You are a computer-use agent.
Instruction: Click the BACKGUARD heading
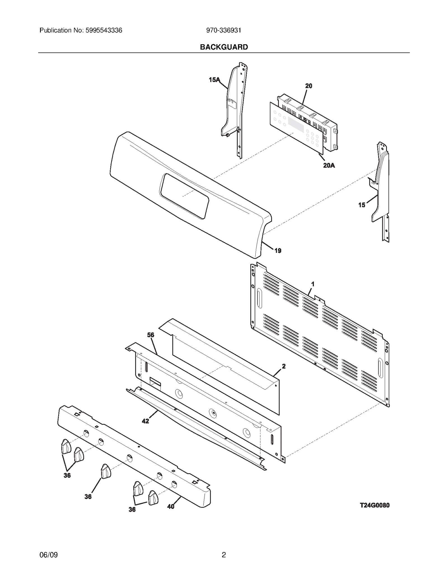point(224,47)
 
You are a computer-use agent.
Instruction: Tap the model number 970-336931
point(223,30)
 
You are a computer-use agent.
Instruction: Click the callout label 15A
point(214,80)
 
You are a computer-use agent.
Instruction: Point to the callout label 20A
point(329,166)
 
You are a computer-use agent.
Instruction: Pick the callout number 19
point(278,251)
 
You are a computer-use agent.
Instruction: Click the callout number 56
point(151,335)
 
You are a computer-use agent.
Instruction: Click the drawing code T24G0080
point(374,505)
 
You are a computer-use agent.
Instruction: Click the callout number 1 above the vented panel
point(313,284)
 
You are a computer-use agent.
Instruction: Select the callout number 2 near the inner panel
point(284,366)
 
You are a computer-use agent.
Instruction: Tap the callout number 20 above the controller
point(309,86)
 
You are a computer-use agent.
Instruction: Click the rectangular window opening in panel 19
point(184,195)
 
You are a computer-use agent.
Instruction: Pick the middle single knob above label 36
point(106,471)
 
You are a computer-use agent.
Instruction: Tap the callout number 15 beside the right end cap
point(362,205)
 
